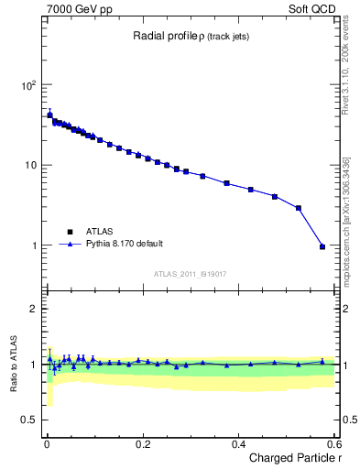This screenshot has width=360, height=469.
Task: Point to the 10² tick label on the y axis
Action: click(x=27, y=85)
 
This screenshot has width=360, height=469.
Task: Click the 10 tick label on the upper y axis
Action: click(x=30, y=166)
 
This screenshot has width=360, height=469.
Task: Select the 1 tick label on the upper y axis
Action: click(x=33, y=245)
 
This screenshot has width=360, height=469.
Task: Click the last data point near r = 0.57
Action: click(x=322, y=246)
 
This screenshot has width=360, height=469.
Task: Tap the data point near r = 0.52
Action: click(x=298, y=208)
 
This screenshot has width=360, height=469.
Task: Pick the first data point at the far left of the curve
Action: click(x=49, y=115)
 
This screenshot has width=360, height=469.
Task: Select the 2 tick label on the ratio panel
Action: click(x=33, y=309)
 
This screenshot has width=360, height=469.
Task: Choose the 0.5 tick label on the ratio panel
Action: click(x=29, y=420)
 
